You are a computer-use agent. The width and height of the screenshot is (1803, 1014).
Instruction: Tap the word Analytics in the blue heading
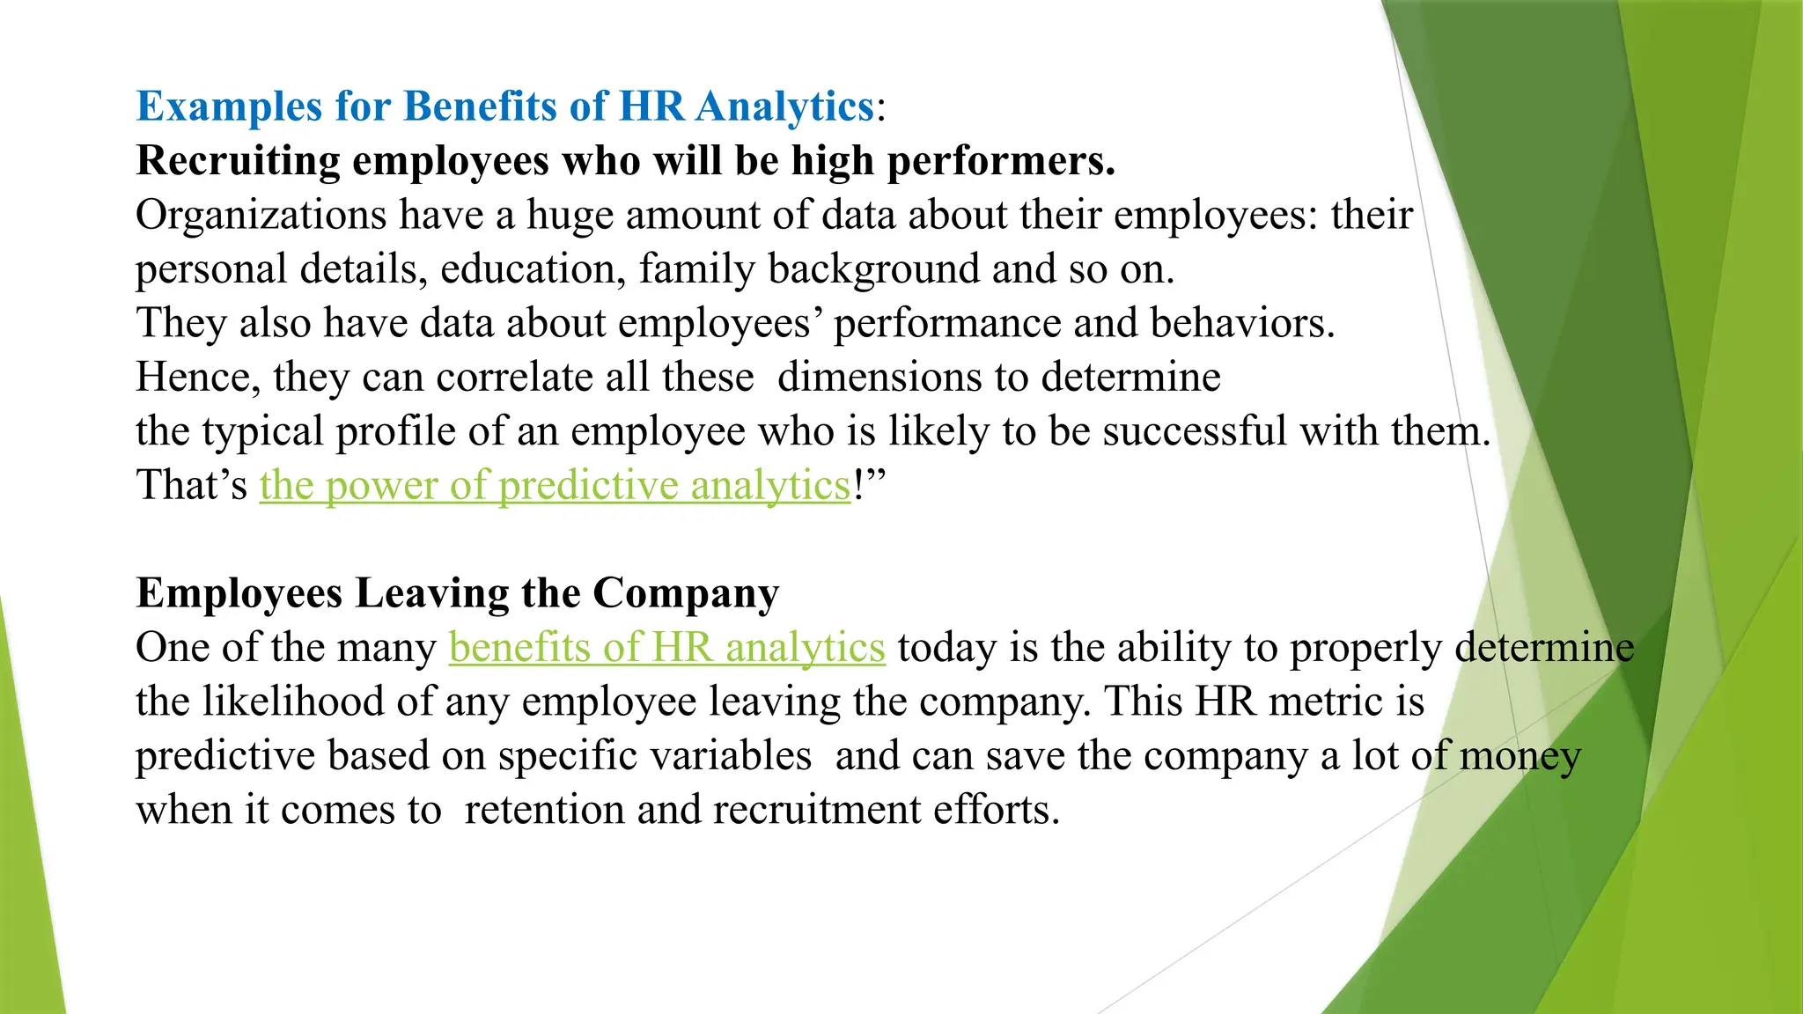pos(784,107)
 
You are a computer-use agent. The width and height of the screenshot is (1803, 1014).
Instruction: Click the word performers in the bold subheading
pos(1001,161)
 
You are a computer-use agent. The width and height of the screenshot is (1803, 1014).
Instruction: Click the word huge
pos(570,216)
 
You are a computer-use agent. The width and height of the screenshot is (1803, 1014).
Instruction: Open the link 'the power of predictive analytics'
pos(555,486)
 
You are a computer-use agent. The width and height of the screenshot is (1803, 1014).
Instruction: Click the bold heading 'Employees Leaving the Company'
pos(458,593)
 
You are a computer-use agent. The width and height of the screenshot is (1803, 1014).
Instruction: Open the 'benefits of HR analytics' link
pos(666,648)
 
